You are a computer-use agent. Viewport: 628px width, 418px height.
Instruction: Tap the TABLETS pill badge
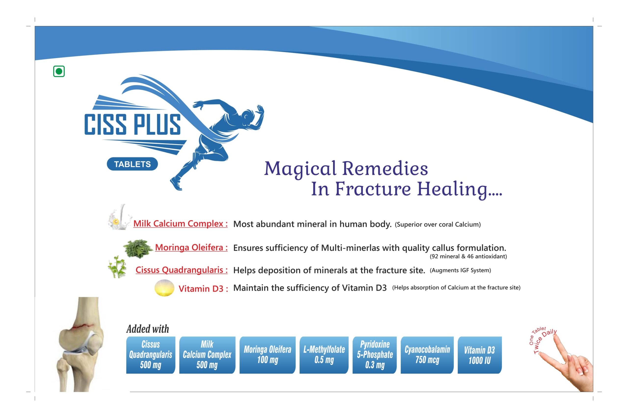132,164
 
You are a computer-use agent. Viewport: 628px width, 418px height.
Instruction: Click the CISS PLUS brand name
132,124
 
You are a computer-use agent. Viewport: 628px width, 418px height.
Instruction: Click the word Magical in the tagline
300,169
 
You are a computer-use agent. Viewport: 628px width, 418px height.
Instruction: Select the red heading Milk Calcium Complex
181,223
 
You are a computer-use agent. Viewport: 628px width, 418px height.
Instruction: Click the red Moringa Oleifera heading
191,247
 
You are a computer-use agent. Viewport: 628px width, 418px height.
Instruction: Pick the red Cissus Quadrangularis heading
182,270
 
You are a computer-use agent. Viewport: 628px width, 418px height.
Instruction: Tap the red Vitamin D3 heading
203,289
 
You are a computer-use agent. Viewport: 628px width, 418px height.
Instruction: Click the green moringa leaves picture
138,249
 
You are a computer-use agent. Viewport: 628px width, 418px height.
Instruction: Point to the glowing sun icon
164,288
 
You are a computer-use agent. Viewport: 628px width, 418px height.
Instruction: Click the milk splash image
120,217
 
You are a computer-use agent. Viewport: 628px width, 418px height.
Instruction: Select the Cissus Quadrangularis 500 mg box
151,355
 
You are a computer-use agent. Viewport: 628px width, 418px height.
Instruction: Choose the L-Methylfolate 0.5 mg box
324,355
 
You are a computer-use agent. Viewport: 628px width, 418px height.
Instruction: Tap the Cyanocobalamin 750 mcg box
427,355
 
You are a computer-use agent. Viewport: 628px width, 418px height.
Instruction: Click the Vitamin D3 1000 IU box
480,355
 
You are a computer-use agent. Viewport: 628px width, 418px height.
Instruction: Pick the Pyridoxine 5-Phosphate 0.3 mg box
375,355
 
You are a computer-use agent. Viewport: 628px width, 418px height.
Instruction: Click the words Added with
148,329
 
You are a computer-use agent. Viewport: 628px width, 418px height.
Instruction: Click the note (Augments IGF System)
460,270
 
